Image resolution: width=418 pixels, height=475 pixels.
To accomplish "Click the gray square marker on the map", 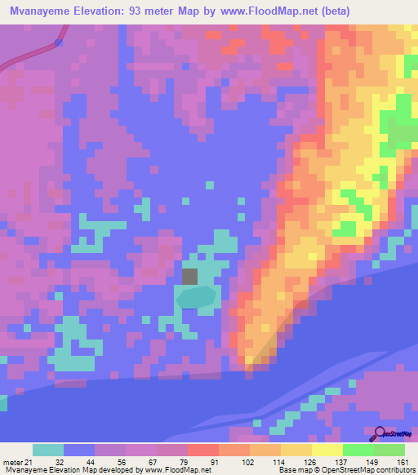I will (189, 276).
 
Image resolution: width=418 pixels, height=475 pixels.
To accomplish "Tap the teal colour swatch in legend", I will (48, 451).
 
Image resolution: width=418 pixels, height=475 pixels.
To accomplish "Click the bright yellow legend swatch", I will (327, 451).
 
